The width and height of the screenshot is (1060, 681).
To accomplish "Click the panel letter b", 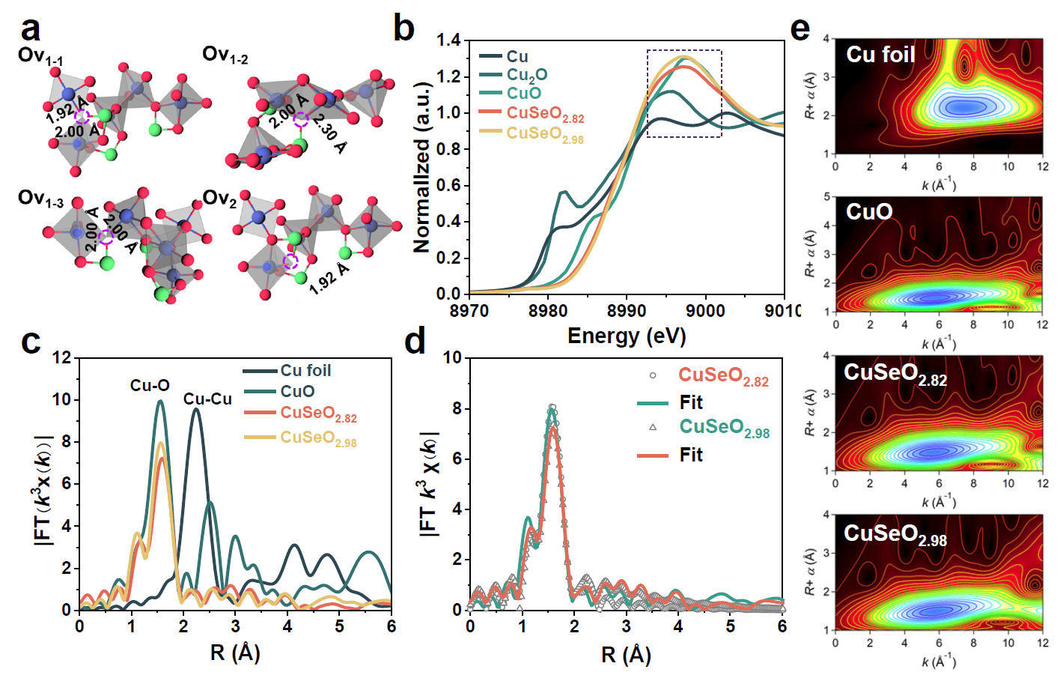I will tap(403, 28).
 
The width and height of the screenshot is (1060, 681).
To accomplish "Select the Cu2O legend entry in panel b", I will tap(526, 75).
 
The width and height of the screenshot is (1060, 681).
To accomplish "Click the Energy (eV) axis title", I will tap(627, 336).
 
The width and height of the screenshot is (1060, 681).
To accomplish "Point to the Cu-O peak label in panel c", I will tap(150, 385).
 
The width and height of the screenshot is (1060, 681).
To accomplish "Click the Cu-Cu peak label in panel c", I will tap(207, 399).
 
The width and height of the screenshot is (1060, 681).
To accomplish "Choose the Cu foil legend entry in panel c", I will tap(305, 371).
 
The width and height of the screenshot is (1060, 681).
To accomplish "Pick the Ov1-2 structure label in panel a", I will tap(225, 55).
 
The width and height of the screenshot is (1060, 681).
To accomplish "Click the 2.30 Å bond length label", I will tap(330, 133).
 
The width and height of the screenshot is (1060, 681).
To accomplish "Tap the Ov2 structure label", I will tap(219, 199).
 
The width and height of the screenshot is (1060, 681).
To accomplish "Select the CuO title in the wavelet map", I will tap(869, 212).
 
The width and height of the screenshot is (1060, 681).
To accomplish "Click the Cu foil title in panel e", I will tap(880, 55).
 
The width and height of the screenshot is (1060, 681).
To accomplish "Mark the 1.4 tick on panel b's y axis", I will tap(448, 40).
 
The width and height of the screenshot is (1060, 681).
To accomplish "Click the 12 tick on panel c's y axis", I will tap(63, 358).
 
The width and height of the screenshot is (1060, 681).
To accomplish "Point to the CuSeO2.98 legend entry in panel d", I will tap(724, 427).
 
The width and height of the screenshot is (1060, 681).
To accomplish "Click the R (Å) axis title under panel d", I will tap(626, 655).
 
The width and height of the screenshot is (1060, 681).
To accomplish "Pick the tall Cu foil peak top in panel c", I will tap(196, 409).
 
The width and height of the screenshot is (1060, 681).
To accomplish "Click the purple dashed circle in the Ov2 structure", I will tap(290, 261).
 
